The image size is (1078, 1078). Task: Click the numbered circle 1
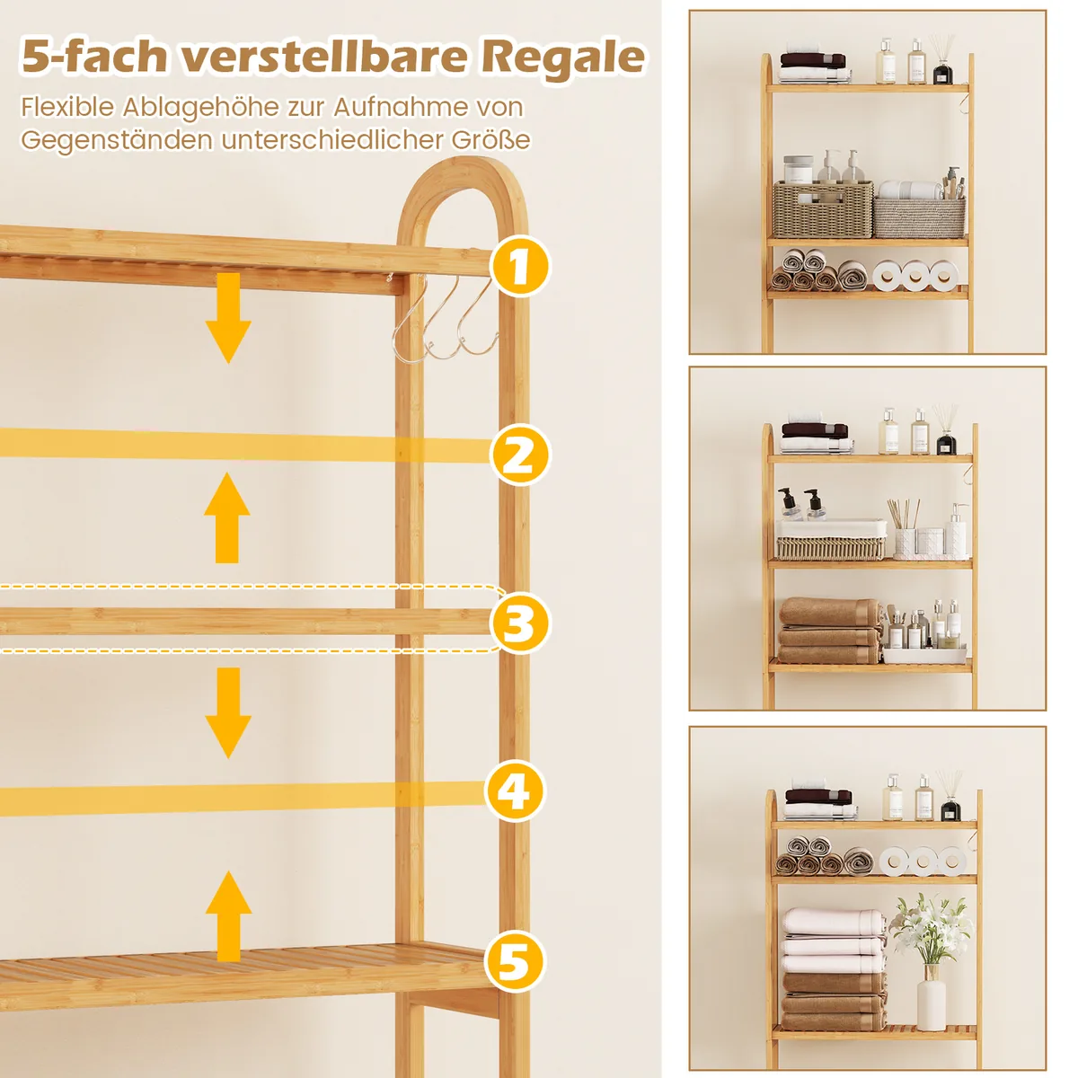click(x=520, y=266)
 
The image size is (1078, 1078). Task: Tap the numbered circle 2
click(x=520, y=455)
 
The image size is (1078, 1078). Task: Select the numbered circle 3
click(x=520, y=623)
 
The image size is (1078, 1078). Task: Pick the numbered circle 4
click(x=514, y=791)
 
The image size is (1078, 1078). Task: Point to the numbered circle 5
click(x=514, y=961)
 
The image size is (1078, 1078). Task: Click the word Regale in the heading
click(x=562, y=57)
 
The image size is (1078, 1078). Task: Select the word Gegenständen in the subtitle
click(x=118, y=141)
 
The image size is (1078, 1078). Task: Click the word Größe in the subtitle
click(x=490, y=140)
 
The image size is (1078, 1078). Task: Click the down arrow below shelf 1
click(x=228, y=318)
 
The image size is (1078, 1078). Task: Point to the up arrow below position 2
click(x=227, y=517)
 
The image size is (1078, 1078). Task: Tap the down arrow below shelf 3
click(x=228, y=712)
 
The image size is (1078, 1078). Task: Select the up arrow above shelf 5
click(x=228, y=916)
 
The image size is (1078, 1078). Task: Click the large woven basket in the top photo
click(x=823, y=209)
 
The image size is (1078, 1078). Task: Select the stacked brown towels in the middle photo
click(x=830, y=631)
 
